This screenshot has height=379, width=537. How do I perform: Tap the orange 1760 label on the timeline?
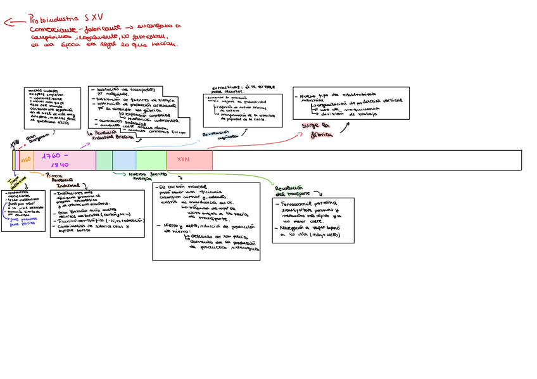point(26,160)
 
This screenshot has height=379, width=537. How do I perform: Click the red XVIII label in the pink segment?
point(183,160)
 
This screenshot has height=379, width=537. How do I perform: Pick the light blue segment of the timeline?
point(124,160)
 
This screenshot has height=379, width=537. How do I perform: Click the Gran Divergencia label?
point(35,139)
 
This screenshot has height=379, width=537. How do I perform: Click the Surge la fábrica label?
point(319,131)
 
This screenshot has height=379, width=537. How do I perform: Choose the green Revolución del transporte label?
point(292,191)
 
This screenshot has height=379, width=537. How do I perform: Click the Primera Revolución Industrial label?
point(62,180)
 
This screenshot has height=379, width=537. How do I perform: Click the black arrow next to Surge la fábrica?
point(343,127)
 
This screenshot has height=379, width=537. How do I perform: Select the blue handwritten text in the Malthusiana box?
point(23,221)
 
